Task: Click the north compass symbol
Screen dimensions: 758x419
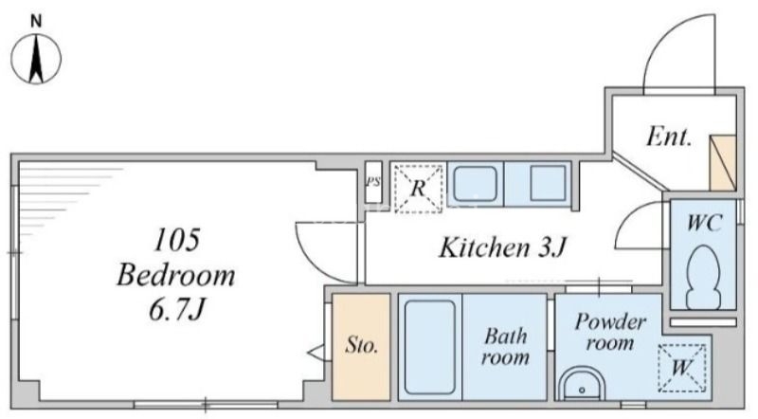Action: (36, 58)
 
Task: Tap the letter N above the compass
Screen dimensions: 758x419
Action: (36, 21)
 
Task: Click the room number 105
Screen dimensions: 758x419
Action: (176, 240)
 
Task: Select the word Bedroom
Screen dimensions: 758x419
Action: (176, 275)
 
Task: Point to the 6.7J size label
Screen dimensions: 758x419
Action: (177, 309)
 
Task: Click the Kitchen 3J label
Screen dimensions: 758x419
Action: (502, 247)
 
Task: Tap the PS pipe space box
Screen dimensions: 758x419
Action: (373, 182)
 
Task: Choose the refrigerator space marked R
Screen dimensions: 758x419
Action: (418, 189)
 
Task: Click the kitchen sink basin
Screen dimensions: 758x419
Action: (475, 184)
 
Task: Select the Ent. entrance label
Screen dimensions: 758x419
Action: (669, 137)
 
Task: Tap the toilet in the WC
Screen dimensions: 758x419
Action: (704, 277)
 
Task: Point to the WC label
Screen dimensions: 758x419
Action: (704, 223)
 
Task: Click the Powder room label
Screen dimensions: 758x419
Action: (610, 332)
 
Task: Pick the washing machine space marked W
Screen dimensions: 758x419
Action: (681, 367)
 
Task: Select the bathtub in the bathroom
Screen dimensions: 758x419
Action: (430, 347)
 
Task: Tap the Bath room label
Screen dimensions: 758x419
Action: (505, 347)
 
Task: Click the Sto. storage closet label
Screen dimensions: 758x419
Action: (361, 345)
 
